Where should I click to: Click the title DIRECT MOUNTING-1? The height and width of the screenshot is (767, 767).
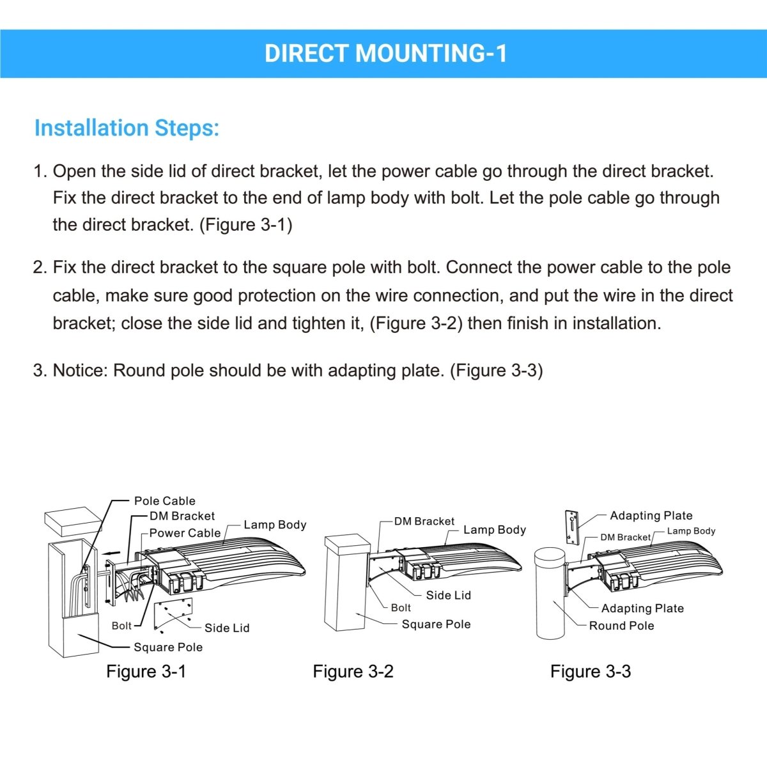click(x=386, y=54)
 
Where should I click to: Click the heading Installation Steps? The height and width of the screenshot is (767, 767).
click(x=127, y=128)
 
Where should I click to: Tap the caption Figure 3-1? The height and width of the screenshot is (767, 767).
click(x=146, y=672)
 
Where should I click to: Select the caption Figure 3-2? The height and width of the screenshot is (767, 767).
click(x=353, y=672)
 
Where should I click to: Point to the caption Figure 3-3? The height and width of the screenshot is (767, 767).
click(x=591, y=672)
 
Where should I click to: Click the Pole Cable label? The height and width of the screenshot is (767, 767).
click(x=164, y=501)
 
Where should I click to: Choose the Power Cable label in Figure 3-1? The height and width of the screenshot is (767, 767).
click(x=185, y=533)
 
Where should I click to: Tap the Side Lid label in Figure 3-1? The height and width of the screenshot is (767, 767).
click(x=227, y=628)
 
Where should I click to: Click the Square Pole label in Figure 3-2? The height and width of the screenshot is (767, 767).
click(x=436, y=624)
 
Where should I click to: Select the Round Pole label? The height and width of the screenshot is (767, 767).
click(x=621, y=626)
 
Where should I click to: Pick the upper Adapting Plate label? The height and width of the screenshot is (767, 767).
click(x=651, y=516)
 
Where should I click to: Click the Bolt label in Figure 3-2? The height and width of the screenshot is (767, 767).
click(x=401, y=608)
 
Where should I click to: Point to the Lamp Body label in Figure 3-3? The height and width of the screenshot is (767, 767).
click(x=691, y=531)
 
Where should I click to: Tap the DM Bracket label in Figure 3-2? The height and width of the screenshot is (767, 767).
click(x=424, y=522)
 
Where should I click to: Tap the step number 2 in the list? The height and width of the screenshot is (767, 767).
click(x=40, y=268)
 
